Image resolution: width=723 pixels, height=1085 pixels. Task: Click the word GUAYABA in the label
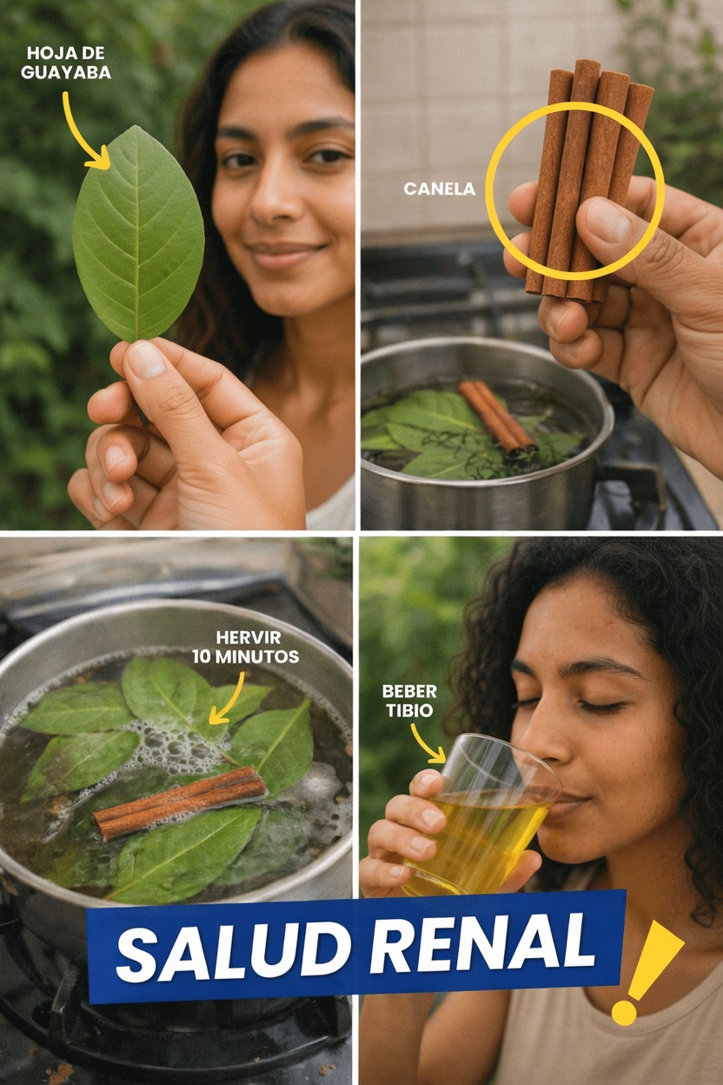point(66,73)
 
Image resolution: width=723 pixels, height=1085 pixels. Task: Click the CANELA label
point(439,189)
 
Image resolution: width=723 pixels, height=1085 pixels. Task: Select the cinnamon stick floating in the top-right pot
point(496,416)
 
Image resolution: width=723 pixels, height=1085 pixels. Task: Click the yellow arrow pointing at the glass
point(427,745)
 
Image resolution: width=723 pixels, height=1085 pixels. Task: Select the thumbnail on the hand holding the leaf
point(144,357)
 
